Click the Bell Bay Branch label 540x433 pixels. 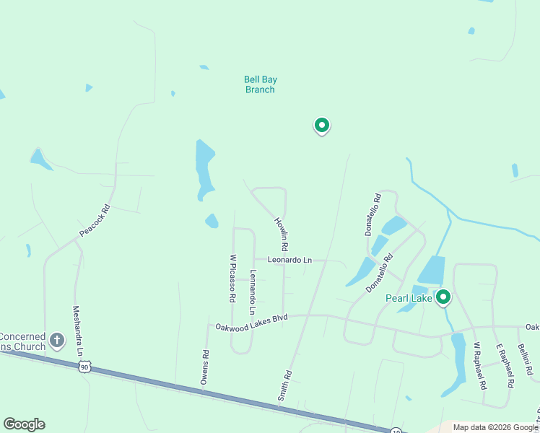pyautogui.click(x=260, y=84)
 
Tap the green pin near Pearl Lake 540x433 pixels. pyautogui.click(x=443, y=297)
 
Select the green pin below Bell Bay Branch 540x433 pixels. pyautogui.click(x=321, y=126)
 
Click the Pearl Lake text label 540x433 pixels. pyautogui.click(x=409, y=298)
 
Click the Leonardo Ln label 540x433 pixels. pyautogui.click(x=289, y=260)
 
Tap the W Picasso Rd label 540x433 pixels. pyautogui.click(x=232, y=278)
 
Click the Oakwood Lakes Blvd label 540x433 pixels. pyautogui.click(x=252, y=322)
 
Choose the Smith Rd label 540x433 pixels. pyautogui.click(x=285, y=385)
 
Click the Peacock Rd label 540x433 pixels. pyautogui.click(x=95, y=222)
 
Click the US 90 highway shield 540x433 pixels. pyautogui.click(x=85, y=367)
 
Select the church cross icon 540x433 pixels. pyautogui.click(x=58, y=338)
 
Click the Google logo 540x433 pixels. pyautogui.click(x=24, y=424)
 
